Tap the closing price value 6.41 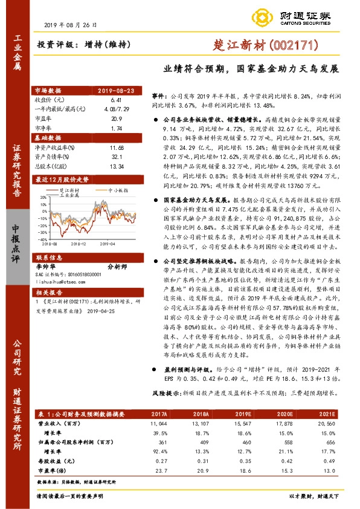pyautogui.click(x=117, y=99)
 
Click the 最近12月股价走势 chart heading pyautogui.click(x=63, y=180)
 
